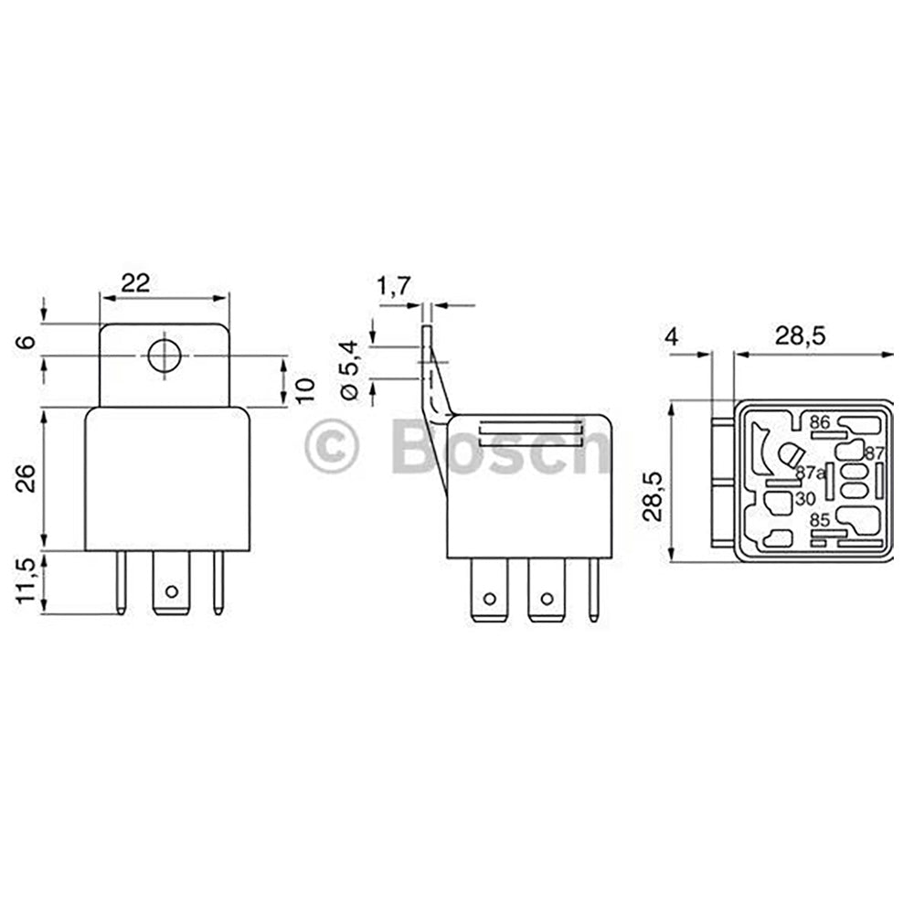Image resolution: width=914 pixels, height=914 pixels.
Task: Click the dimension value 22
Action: tap(135, 283)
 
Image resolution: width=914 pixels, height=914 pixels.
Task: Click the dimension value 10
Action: tap(307, 388)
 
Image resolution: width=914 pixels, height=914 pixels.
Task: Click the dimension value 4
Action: tap(672, 336)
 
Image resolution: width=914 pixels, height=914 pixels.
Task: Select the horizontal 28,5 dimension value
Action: tap(800, 336)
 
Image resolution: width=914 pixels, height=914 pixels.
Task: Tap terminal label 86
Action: tap(819, 422)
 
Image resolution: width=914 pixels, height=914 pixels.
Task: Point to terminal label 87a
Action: tap(810, 473)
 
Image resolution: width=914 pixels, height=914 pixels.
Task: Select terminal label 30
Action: tap(805, 499)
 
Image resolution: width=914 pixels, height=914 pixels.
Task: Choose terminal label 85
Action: tap(820, 520)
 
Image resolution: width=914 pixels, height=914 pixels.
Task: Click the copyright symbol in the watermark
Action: tap(331, 447)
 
